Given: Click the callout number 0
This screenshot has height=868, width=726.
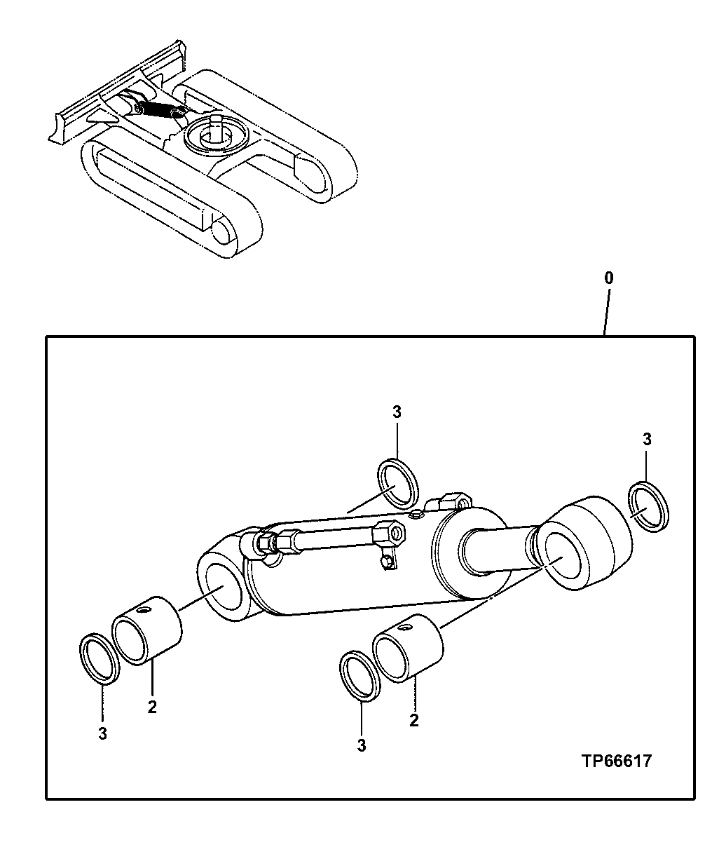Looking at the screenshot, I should pyautogui.click(x=608, y=278).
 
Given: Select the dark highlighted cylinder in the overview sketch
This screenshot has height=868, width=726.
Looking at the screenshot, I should pyautogui.click(x=160, y=109).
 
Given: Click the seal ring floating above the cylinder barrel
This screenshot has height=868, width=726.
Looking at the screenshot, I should pyautogui.click(x=399, y=484).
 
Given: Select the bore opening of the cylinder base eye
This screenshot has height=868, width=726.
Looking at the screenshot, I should pyautogui.click(x=226, y=595).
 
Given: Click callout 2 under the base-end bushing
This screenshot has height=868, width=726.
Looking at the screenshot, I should pyautogui.click(x=152, y=707).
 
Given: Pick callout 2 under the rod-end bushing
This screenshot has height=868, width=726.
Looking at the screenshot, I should pyautogui.click(x=414, y=720).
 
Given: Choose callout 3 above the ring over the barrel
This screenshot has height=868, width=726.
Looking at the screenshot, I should pyautogui.click(x=397, y=412).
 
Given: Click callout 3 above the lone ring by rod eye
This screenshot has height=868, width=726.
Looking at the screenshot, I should pyautogui.click(x=647, y=440).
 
